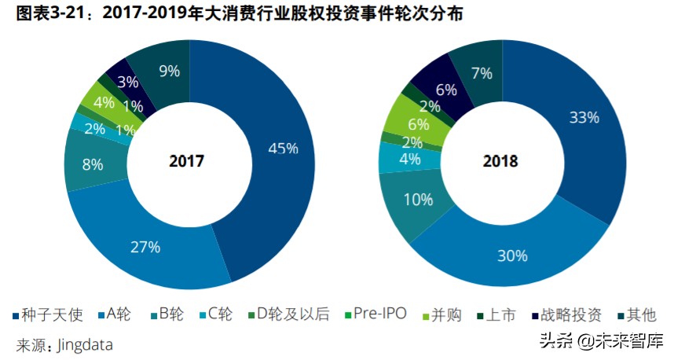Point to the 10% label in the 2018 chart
coord(417,200)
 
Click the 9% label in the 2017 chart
coord(169,71)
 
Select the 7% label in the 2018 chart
coord(482,74)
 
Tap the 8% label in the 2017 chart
coord(93,165)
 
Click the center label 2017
coord(187,161)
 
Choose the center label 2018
coord(500,161)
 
